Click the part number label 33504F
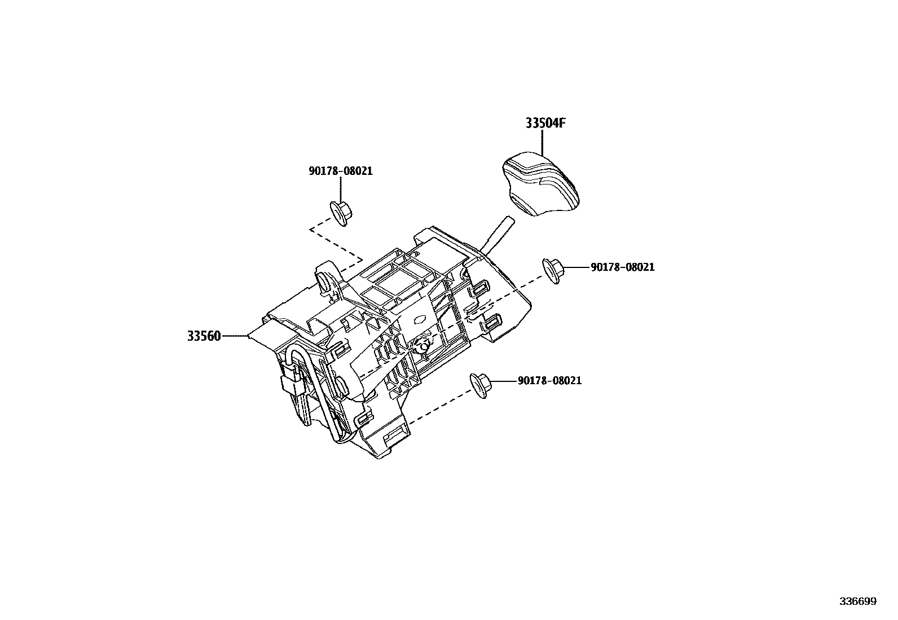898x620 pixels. (545, 123)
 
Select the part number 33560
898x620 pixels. (204, 336)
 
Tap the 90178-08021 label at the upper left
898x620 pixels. (341, 171)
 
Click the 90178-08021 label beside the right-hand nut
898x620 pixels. (623, 267)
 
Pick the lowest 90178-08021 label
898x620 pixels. (549, 381)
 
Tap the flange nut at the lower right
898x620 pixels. (481, 386)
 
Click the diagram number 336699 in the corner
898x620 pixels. (857, 601)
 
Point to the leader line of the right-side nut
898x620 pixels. (575, 267)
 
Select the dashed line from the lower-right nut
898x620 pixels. (440, 405)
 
